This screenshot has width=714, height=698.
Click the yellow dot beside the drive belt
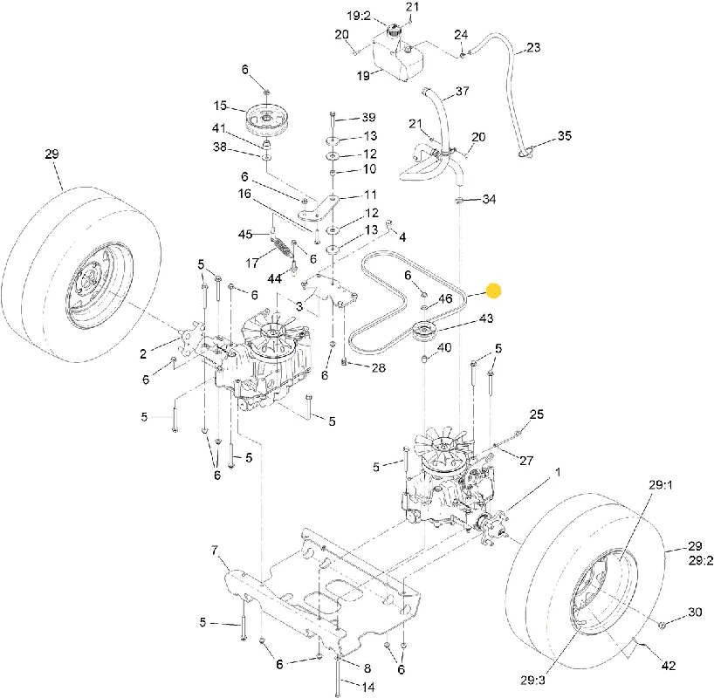pyautogui.click(x=494, y=291)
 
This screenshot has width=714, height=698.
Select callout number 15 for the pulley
pyautogui.click(x=220, y=106)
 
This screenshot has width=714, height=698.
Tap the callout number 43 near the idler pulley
pyautogui.click(x=486, y=318)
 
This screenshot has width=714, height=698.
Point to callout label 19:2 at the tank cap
pyautogui.click(x=359, y=16)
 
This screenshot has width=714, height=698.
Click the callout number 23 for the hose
pyautogui.click(x=533, y=47)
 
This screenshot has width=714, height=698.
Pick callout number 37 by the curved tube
pyautogui.click(x=463, y=91)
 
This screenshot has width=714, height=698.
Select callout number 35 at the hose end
pyautogui.click(x=564, y=136)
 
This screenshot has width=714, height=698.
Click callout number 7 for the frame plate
pyautogui.click(x=215, y=551)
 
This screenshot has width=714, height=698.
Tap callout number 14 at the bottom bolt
pyautogui.click(x=368, y=687)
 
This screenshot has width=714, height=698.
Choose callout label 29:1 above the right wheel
pyautogui.click(x=661, y=485)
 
